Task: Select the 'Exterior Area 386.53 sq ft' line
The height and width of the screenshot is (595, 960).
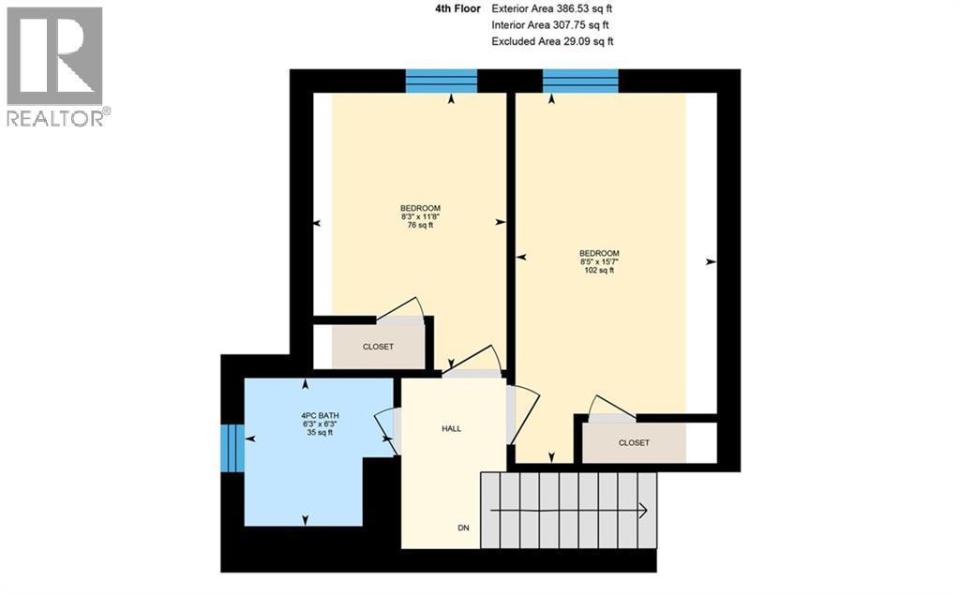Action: (x=552, y=8)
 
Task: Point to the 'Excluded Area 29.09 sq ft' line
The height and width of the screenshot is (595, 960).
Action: (x=552, y=41)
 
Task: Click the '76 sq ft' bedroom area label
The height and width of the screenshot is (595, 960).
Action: (x=420, y=226)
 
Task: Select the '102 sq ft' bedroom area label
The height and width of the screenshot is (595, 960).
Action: (x=598, y=271)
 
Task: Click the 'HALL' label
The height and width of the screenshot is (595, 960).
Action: (x=451, y=428)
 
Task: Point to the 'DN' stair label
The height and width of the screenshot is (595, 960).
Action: (x=463, y=528)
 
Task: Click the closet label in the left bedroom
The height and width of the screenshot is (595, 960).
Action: (x=378, y=347)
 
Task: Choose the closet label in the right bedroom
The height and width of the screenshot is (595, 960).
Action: (x=634, y=442)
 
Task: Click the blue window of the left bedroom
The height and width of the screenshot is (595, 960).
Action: (x=441, y=82)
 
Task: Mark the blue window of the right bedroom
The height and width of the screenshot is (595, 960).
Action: (x=580, y=82)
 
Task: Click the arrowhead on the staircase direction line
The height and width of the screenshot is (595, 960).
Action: (x=643, y=512)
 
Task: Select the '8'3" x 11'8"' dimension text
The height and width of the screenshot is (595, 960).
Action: (x=420, y=216)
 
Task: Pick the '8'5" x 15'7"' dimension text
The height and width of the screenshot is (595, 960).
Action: (x=598, y=262)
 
